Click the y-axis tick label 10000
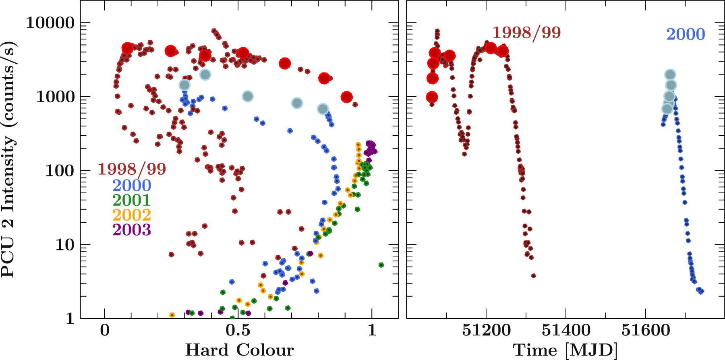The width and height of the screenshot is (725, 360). (x=50, y=23)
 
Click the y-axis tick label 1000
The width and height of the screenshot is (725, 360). (x=56, y=97)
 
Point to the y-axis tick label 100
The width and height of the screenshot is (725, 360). (x=60, y=171)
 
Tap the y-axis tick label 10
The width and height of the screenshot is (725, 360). (x=65, y=245)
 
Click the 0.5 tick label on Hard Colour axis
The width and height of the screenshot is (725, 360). (x=238, y=330)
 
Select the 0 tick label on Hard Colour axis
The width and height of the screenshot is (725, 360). (x=105, y=330)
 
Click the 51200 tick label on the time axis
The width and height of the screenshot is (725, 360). (x=486, y=330)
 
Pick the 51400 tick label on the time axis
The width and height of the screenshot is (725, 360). (x=566, y=330)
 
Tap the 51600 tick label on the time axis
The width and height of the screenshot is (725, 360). (x=645, y=330)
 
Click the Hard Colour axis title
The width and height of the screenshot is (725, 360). (x=239, y=350)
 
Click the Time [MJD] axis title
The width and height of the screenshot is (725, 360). (x=565, y=350)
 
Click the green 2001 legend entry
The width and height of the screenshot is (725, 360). (x=131, y=200)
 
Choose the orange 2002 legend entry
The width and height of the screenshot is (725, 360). (x=131, y=215)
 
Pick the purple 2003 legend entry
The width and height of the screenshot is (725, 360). (x=131, y=230)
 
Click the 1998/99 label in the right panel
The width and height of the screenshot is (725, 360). (x=526, y=33)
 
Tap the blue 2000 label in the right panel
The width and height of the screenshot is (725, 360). (x=686, y=34)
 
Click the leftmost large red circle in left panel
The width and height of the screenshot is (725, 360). (x=127, y=48)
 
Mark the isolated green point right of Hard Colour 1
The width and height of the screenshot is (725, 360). (x=381, y=265)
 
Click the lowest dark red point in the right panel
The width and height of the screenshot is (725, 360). (x=533, y=276)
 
